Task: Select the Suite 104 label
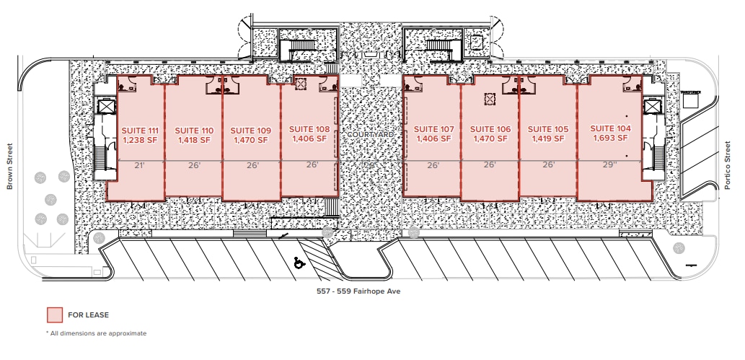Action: tap(610, 128)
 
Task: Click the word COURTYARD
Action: tap(371, 135)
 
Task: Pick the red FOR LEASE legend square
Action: tap(55, 315)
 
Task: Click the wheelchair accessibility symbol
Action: tap(298, 263)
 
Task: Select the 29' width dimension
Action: tap(611, 165)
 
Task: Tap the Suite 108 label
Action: tap(309, 129)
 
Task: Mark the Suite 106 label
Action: tap(490, 129)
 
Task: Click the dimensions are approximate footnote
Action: tap(96, 333)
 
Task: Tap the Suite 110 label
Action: tap(194, 131)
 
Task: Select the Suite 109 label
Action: tap(251, 131)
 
